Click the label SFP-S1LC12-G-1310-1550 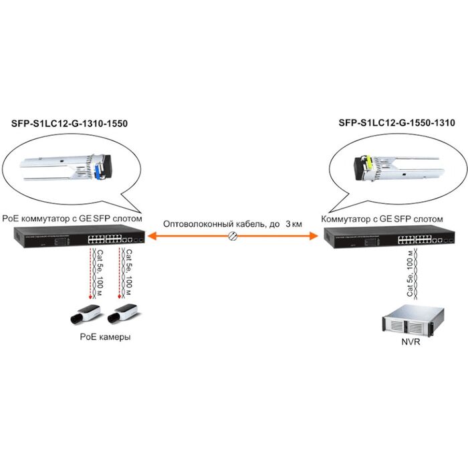70,124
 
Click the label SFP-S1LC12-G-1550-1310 397,123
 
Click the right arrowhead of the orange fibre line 312,236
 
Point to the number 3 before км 288,224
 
